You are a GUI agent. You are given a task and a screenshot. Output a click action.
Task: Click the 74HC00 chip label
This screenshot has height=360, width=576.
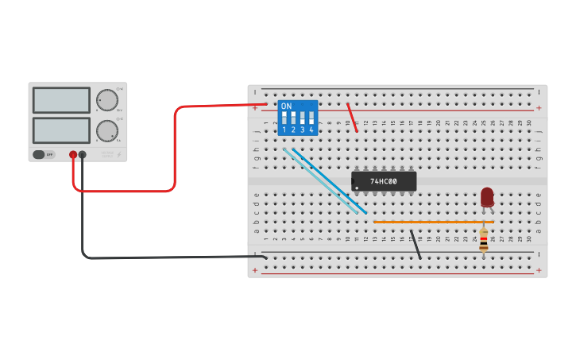[383, 181]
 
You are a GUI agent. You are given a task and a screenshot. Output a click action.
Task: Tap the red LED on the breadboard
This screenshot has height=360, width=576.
[487, 196]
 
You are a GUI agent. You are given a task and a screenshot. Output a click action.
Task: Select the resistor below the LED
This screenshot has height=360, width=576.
[484, 240]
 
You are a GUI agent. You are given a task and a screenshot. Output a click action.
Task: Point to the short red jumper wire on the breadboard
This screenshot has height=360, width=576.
[352, 117]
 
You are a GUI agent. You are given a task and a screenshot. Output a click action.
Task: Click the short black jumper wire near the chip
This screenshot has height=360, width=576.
[416, 245]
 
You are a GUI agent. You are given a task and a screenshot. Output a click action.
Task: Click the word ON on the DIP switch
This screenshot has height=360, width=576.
[286, 106]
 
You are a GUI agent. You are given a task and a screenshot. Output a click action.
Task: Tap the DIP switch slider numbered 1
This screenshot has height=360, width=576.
[284, 118]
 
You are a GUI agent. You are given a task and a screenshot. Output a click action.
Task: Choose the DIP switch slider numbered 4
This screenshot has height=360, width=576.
[311, 118]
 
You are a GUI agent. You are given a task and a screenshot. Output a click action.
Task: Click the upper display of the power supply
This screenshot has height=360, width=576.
[61, 100]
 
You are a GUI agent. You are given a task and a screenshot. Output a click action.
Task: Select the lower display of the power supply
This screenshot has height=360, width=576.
[61, 130]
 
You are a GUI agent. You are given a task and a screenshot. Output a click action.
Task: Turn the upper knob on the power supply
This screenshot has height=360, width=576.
[106, 100]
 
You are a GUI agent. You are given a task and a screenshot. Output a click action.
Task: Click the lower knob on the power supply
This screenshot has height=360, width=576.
[106, 130]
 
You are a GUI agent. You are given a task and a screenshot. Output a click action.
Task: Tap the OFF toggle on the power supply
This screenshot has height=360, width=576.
[44, 155]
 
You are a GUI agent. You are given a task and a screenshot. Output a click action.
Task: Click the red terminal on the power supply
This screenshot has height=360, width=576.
[73, 155]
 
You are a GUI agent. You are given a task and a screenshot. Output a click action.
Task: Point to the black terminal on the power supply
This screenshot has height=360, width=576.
[83, 155]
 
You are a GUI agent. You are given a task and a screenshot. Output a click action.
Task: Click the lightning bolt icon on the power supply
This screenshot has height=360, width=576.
[119, 155]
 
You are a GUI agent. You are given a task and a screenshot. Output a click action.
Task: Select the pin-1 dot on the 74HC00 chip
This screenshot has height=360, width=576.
[357, 188]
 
